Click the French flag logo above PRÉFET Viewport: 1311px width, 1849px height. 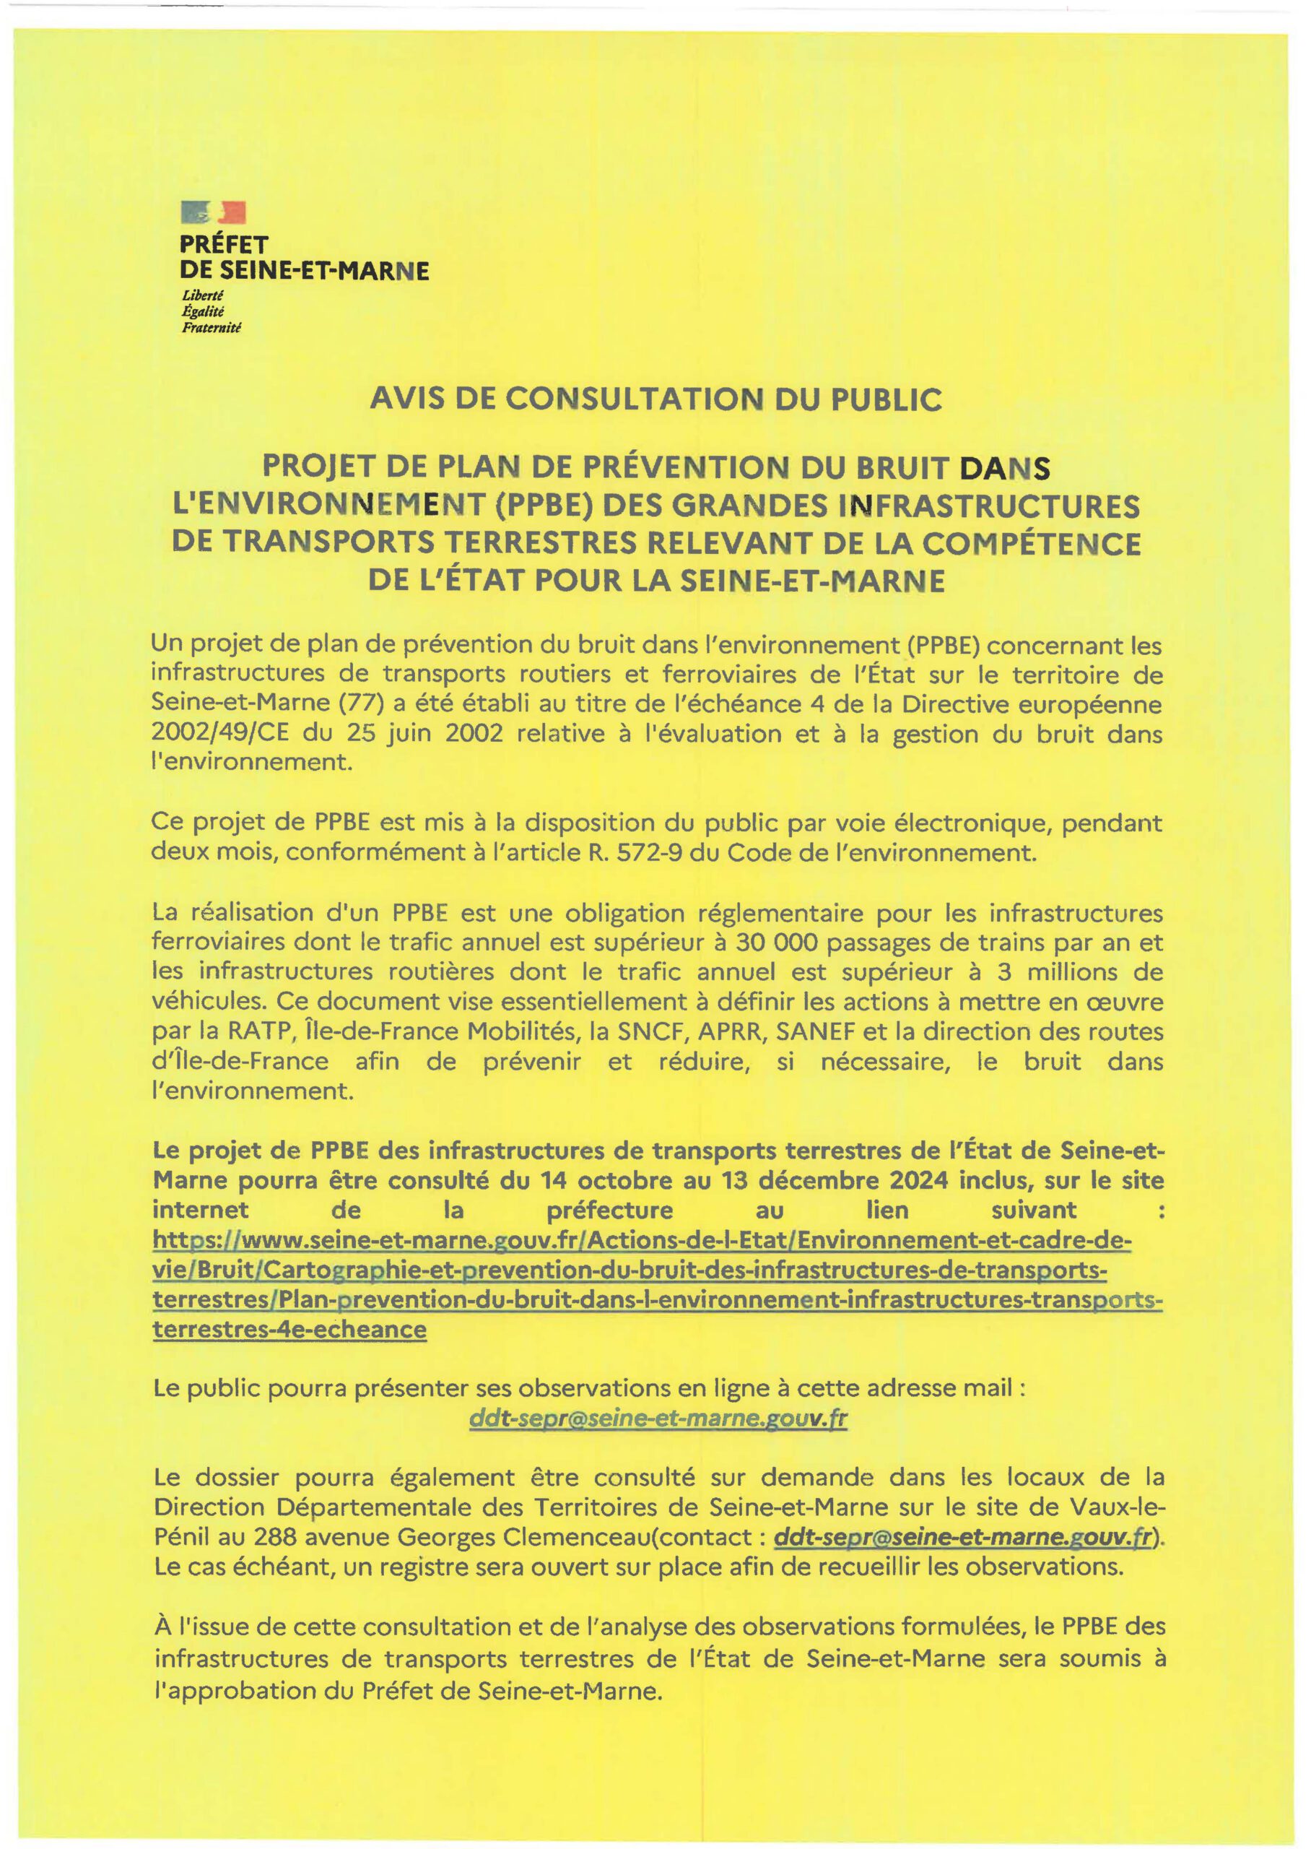tap(213, 213)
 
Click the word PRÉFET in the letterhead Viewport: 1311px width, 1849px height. tap(225, 244)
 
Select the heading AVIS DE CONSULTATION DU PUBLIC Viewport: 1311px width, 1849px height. tap(655, 399)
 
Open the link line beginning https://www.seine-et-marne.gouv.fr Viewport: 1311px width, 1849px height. tap(642, 1240)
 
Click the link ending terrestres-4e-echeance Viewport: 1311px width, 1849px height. tap(289, 1329)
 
